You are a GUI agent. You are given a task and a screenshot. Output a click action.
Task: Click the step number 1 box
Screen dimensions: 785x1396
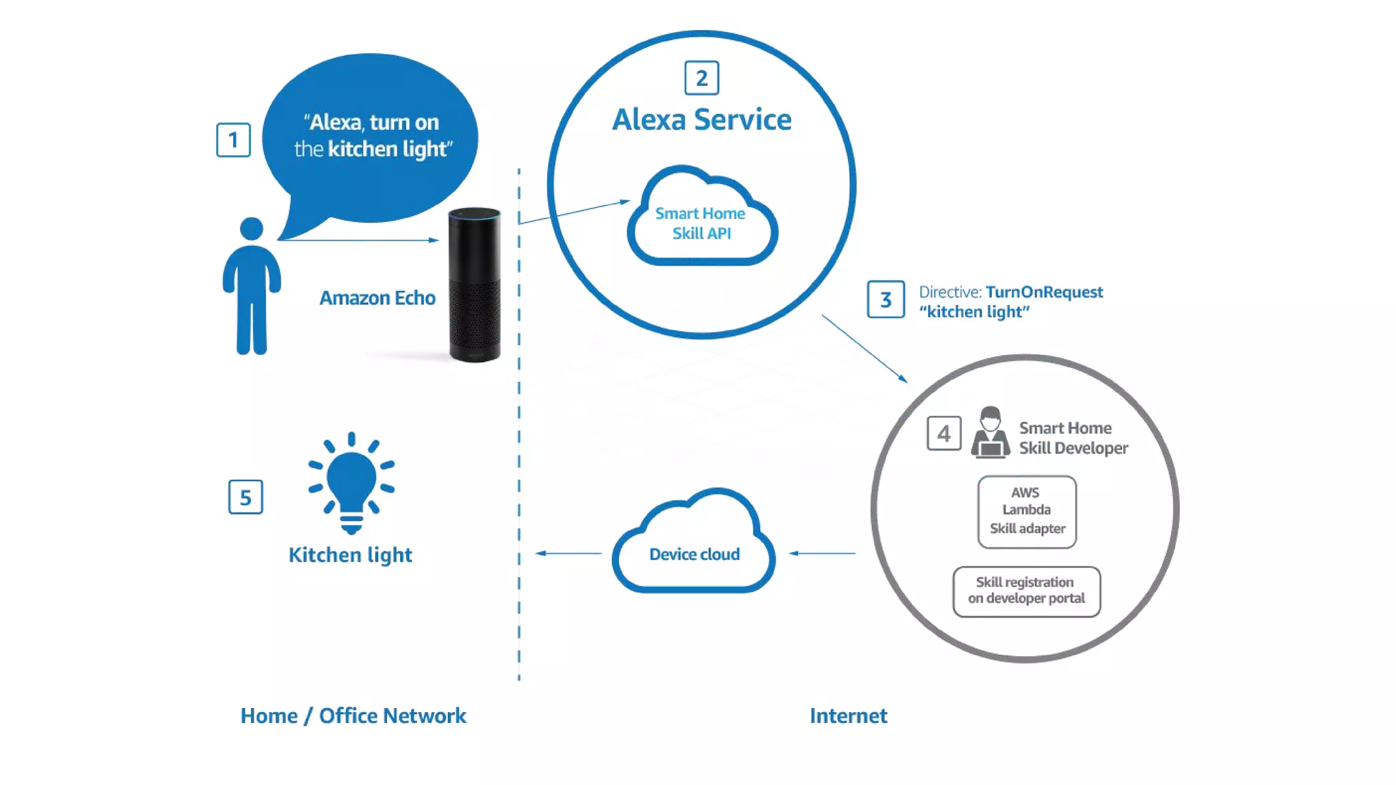coord(233,140)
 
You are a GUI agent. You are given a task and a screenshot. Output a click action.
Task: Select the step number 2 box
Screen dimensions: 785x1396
coord(701,78)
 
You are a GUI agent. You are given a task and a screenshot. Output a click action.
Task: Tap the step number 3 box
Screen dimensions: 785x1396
coord(885,299)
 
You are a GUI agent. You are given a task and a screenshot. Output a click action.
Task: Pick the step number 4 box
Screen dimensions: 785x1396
coord(943,433)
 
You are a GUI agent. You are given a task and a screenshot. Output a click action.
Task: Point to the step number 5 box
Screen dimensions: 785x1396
coord(245,497)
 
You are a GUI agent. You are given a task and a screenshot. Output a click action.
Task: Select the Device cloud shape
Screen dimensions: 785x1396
coord(694,545)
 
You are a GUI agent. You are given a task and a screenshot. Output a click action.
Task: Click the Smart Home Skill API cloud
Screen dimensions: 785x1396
coord(701,221)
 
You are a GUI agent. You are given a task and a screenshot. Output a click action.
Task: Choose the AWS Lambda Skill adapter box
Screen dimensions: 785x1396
coord(1027,511)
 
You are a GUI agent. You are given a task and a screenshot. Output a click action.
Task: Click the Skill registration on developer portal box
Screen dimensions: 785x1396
coord(1026,591)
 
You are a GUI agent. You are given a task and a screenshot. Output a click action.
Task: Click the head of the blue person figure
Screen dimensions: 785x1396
coord(252,228)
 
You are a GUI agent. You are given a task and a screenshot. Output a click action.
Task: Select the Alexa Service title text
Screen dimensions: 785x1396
coord(701,120)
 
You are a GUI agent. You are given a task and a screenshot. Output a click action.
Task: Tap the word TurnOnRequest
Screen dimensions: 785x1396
coord(1044,292)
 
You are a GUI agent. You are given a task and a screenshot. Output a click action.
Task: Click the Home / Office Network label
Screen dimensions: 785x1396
coord(353,715)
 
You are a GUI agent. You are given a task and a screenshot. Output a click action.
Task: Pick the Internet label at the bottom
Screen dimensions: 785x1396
coord(848,715)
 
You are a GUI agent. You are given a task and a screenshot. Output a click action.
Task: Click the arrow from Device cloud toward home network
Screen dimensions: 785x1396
coord(568,553)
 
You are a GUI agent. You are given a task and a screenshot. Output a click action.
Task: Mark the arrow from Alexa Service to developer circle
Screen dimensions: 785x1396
coord(864,348)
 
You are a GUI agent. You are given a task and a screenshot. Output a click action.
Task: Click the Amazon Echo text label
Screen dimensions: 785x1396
coord(377,298)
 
